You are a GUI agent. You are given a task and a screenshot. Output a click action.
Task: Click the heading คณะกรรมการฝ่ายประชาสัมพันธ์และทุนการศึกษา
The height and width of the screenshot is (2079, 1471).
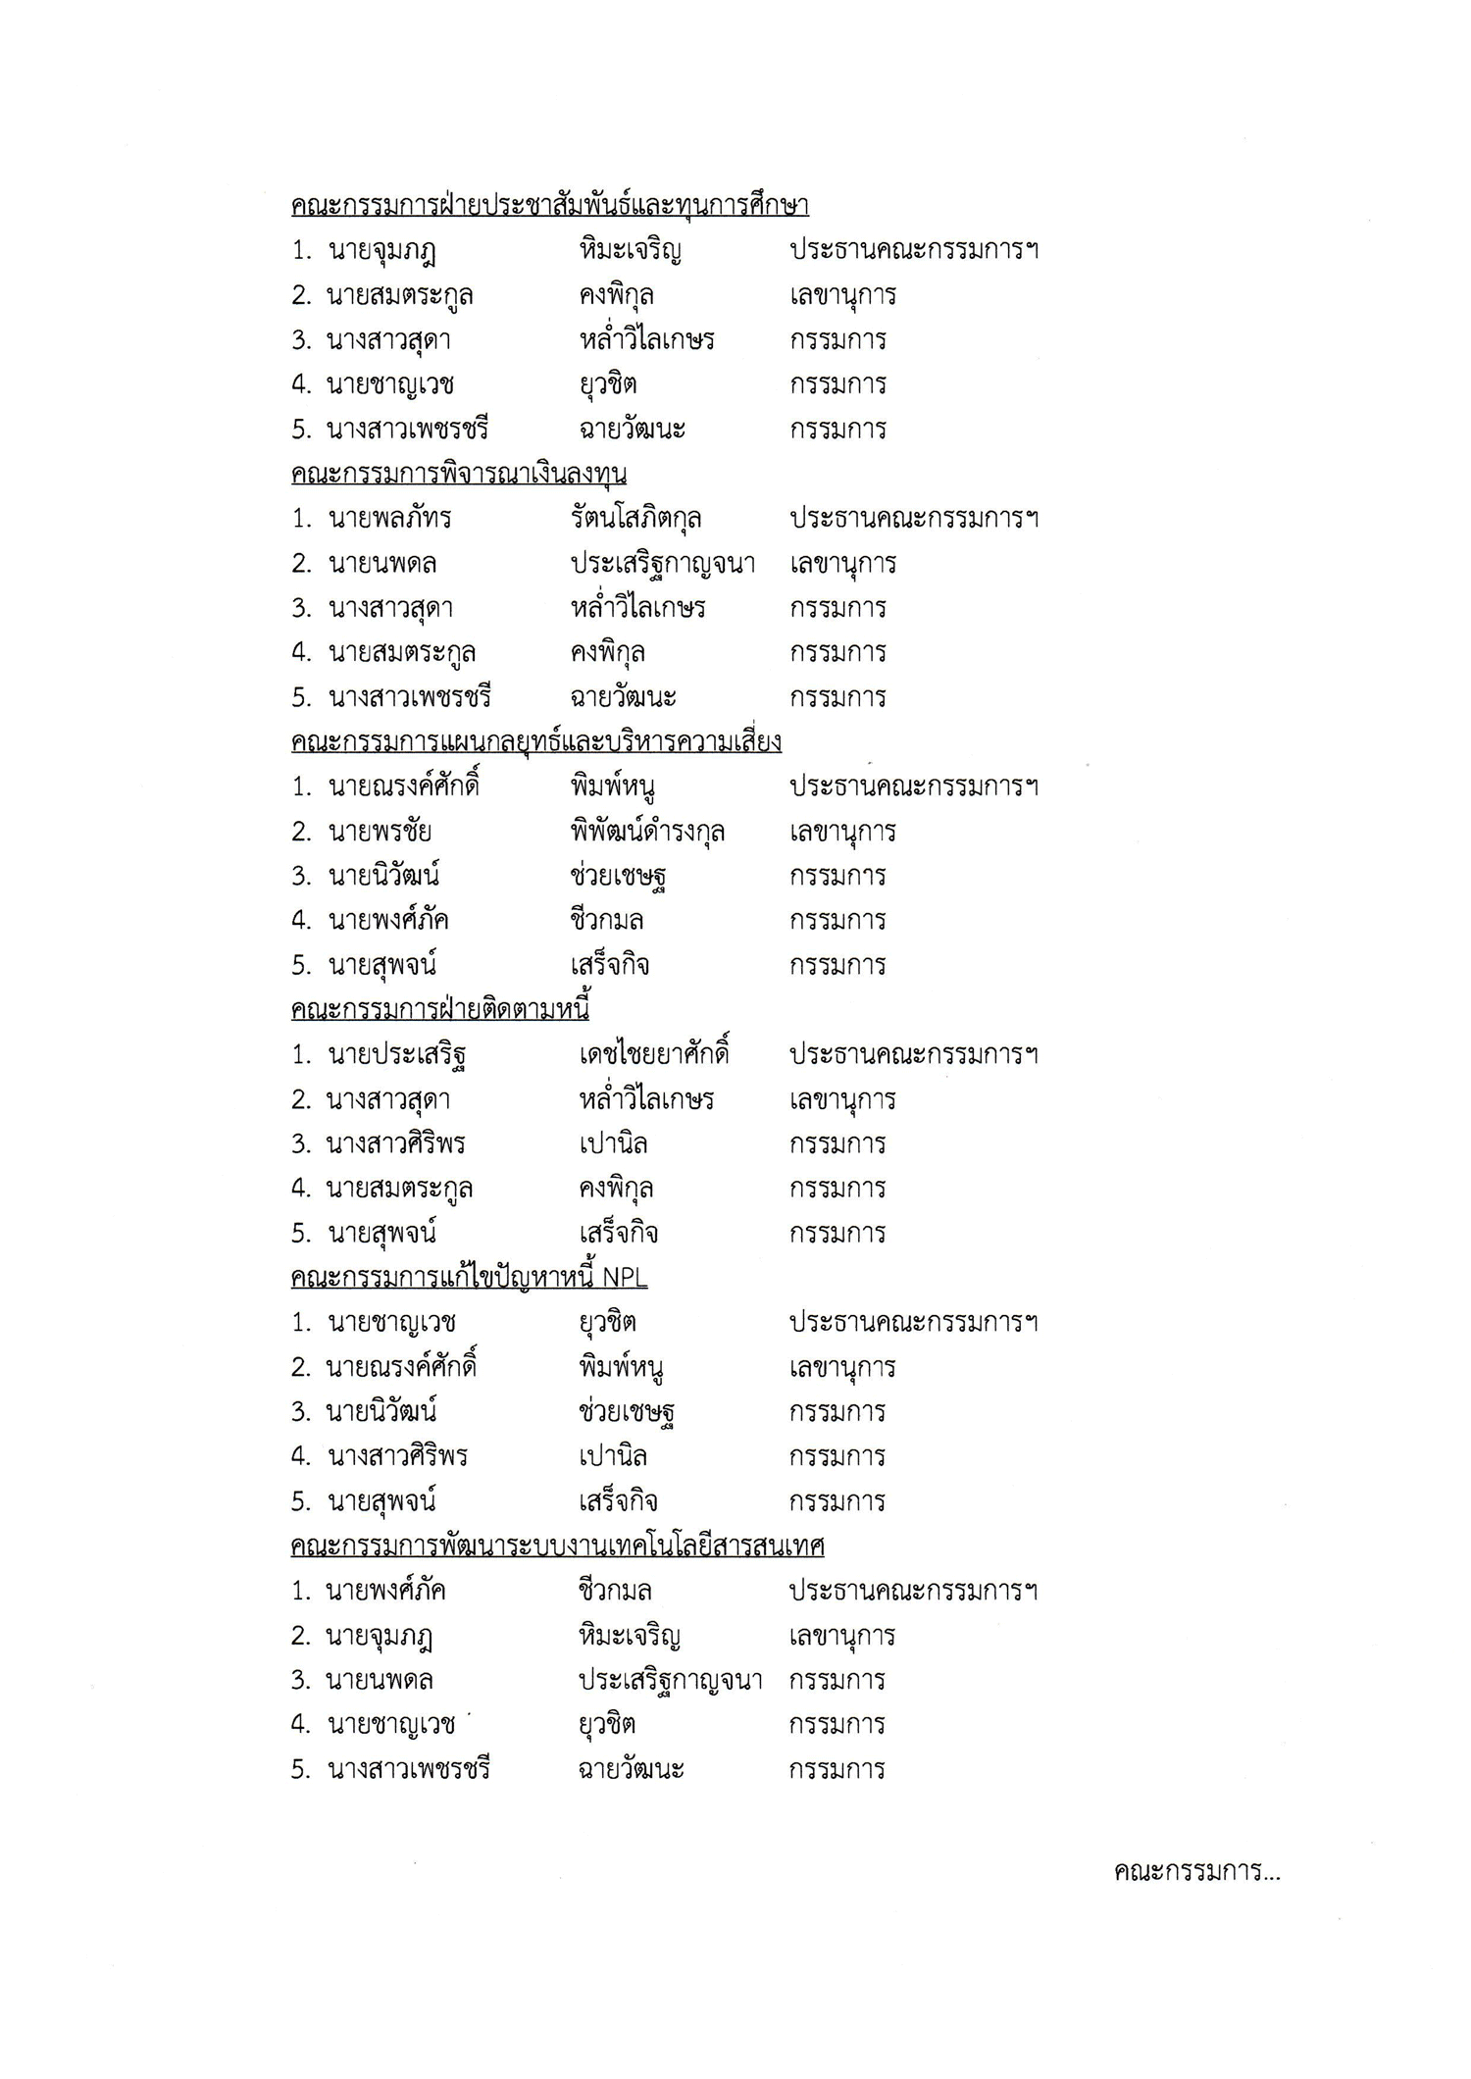(549, 206)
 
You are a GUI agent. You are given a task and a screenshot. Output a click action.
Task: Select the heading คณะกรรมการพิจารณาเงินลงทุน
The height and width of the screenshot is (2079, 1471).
(459, 474)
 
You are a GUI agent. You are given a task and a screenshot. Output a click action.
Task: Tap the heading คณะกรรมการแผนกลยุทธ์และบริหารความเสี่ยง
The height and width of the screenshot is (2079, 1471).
(536, 742)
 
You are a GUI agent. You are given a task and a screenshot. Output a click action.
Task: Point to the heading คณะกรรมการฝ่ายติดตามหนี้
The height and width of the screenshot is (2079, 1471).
(440, 1010)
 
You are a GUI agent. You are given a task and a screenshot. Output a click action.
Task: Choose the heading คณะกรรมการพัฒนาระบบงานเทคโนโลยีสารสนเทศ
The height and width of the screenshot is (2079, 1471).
(557, 1547)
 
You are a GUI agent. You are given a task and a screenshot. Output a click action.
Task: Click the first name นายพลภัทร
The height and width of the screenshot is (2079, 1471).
(389, 519)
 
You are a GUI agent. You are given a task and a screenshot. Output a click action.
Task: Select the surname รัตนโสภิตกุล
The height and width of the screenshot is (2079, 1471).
(635, 519)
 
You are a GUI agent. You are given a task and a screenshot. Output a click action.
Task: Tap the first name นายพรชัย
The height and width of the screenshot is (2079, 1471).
(380, 832)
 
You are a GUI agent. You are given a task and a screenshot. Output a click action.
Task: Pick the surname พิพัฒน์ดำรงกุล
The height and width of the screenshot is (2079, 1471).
(647, 832)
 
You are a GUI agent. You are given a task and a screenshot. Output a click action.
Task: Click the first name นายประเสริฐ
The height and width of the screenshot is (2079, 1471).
(396, 1055)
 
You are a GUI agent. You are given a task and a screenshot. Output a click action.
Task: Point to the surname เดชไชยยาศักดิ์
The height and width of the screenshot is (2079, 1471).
(654, 1055)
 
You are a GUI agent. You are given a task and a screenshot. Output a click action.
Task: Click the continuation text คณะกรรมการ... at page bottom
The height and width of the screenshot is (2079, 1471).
(1196, 1872)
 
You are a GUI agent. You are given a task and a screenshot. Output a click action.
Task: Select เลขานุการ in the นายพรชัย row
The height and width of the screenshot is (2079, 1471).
(842, 832)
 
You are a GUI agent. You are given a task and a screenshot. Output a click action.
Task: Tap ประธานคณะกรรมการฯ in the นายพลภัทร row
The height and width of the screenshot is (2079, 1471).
(914, 519)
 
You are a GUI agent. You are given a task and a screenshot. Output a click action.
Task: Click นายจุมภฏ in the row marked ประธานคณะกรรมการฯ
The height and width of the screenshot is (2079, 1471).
(382, 251)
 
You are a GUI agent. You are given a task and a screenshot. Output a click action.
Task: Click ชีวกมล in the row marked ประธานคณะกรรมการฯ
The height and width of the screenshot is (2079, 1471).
(615, 1591)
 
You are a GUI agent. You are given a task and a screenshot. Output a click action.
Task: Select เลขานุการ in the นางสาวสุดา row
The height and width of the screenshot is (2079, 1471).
(842, 1099)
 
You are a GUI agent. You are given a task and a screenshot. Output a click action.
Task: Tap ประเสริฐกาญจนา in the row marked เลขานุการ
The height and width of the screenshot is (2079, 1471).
(662, 564)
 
